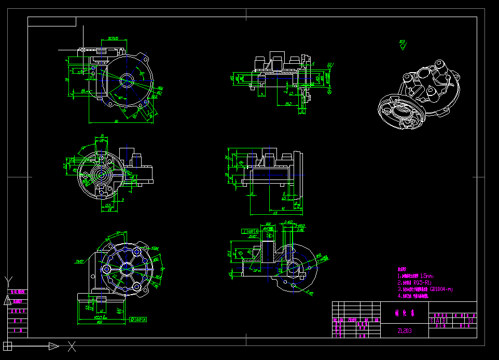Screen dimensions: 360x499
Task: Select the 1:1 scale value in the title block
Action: [x=470, y=321]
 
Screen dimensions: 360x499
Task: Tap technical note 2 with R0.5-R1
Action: [x=415, y=283]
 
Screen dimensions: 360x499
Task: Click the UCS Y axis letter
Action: [x=7, y=280]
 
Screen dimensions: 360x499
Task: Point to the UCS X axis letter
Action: [x=72, y=345]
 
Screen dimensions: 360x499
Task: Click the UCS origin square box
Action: [x=7, y=345]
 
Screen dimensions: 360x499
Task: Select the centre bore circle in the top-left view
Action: [x=126, y=79]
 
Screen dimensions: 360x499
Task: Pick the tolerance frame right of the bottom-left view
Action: [x=137, y=319]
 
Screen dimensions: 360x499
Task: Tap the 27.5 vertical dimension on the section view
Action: [x=230, y=254]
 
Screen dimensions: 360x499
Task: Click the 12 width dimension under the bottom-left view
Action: [x=102, y=311]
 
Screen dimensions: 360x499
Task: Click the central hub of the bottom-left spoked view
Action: [x=126, y=268]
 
